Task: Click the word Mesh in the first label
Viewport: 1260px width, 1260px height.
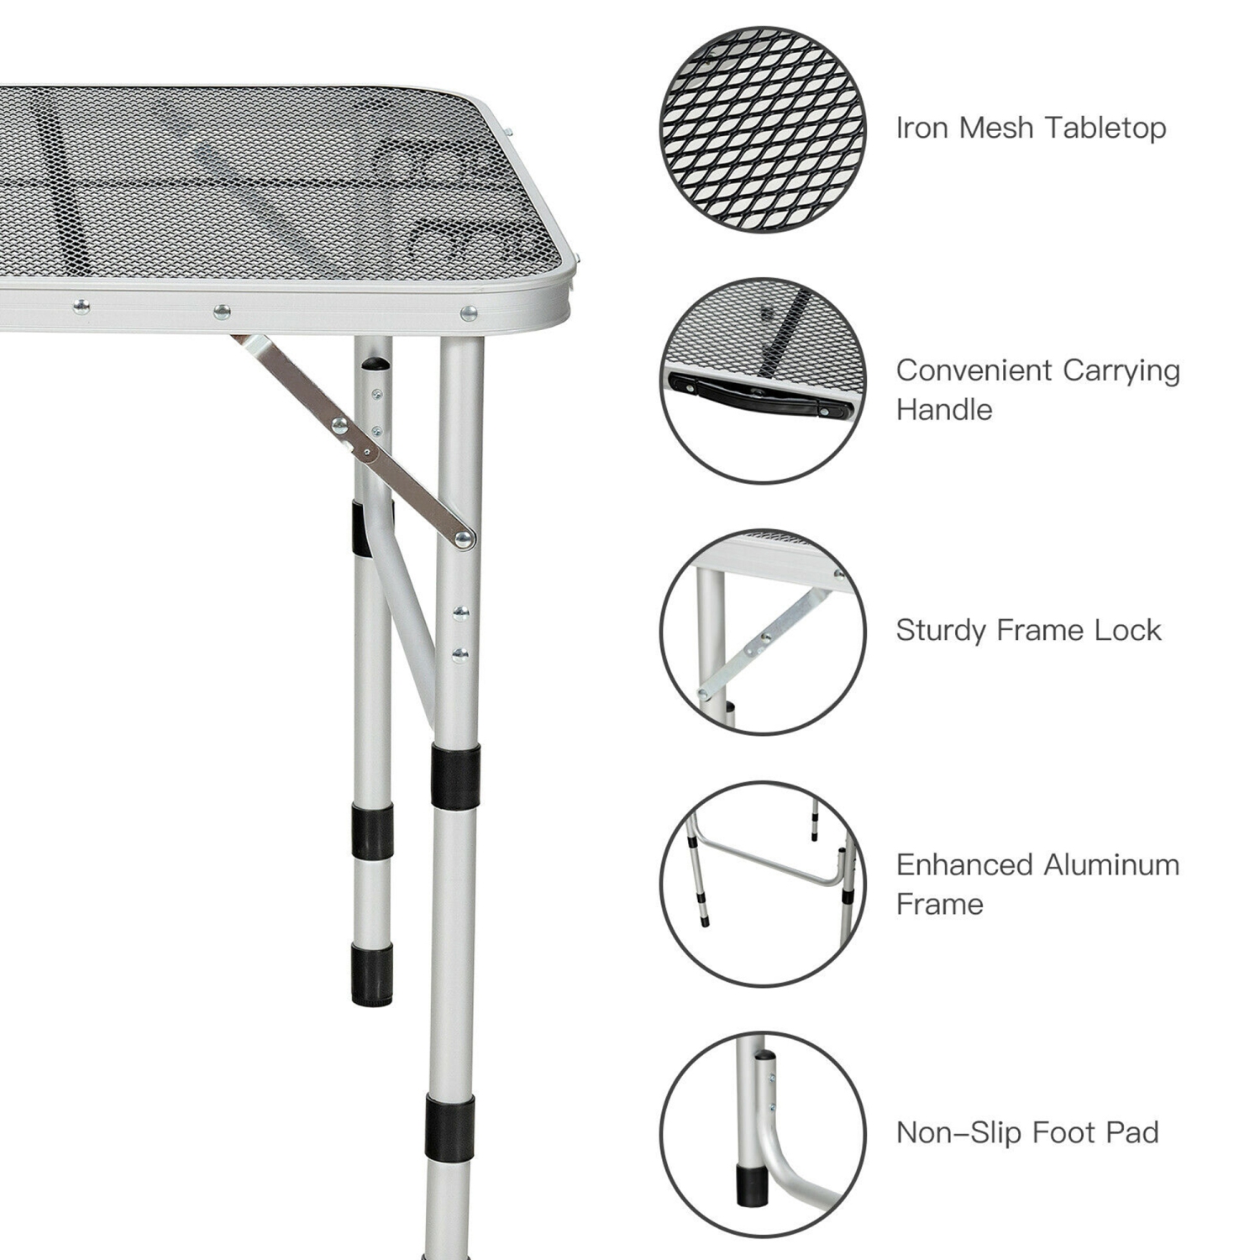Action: pos(996,128)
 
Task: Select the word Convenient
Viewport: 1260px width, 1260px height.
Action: pos(973,370)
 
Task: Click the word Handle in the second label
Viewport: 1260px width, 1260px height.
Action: pos(944,410)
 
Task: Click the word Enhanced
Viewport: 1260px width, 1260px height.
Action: pos(964,865)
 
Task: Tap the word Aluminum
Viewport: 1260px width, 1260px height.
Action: pos(1110,865)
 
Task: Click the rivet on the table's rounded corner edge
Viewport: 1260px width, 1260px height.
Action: pos(469,314)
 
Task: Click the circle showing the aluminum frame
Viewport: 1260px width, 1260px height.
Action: pos(763,884)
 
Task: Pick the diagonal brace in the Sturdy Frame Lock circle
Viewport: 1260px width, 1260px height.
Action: pos(760,643)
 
